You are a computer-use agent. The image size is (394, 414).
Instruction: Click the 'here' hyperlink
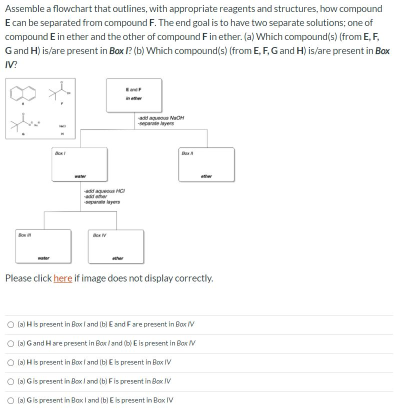pyautogui.click(x=63, y=278)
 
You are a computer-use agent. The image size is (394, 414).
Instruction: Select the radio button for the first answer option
pyautogui.click(x=10, y=324)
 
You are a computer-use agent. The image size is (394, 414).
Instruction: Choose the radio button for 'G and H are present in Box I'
pyautogui.click(x=10, y=343)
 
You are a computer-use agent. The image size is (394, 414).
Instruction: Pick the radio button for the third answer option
pyautogui.click(x=10, y=362)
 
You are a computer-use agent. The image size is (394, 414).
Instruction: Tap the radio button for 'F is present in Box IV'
pyautogui.click(x=10, y=381)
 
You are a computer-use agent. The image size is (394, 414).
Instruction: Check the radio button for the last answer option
pyautogui.click(x=10, y=400)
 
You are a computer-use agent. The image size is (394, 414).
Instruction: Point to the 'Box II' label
pyautogui.click(x=186, y=153)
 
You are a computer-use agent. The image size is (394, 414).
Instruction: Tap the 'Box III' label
pyautogui.click(x=24, y=235)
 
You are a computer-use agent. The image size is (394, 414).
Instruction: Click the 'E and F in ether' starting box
pyautogui.click(x=134, y=94)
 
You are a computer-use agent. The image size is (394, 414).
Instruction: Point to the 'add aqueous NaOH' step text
pyautogui.click(x=161, y=117)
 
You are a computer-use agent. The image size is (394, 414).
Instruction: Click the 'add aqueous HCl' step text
pyautogui.click(x=104, y=191)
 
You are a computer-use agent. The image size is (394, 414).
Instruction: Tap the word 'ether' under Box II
pyautogui.click(x=206, y=176)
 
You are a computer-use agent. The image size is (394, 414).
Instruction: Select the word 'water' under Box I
pyautogui.click(x=80, y=176)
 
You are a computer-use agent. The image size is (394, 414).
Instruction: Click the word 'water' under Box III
pyautogui.click(x=43, y=258)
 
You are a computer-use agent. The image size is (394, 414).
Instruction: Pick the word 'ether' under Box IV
pyautogui.click(x=117, y=258)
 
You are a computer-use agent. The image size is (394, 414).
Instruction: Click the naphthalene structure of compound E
pyautogui.click(x=23, y=92)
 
